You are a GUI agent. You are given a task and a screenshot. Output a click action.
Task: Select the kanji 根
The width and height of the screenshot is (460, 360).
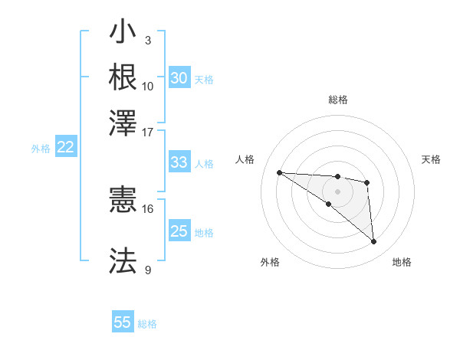(x=123, y=77)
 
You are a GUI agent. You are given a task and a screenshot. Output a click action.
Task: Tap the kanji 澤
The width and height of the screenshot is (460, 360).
(x=123, y=121)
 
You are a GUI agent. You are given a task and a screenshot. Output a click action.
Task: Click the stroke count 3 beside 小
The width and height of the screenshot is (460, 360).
(x=148, y=40)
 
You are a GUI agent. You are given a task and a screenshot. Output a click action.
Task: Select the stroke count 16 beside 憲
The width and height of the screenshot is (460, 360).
(x=148, y=208)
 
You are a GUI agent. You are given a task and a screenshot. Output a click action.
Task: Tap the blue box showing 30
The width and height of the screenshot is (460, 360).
(x=179, y=78)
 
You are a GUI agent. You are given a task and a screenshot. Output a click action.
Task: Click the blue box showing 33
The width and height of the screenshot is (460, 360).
(x=179, y=162)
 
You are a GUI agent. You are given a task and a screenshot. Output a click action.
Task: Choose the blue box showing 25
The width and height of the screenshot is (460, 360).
(x=179, y=231)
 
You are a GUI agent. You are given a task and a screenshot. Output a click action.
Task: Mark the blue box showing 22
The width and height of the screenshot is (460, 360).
(x=65, y=148)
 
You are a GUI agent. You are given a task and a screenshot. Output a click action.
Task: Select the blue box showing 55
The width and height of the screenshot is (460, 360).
(x=123, y=322)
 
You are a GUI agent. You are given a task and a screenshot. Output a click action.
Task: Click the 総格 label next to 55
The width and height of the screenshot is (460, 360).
(x=147, y=324)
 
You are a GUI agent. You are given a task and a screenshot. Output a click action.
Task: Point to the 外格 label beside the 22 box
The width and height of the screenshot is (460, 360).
(x=41, y=149)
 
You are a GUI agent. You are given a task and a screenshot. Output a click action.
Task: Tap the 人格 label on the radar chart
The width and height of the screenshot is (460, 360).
(x=245, y=159)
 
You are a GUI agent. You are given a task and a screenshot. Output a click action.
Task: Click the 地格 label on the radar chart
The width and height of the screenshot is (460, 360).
(x=402, y=262)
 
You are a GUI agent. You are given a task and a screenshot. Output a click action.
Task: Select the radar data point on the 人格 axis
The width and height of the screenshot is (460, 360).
(x=279, y=172)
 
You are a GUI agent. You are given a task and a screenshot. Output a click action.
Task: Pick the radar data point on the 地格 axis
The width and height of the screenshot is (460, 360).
(x=374, y=242)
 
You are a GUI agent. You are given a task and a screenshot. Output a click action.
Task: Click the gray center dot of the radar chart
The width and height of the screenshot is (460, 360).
(x=337, y=191)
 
